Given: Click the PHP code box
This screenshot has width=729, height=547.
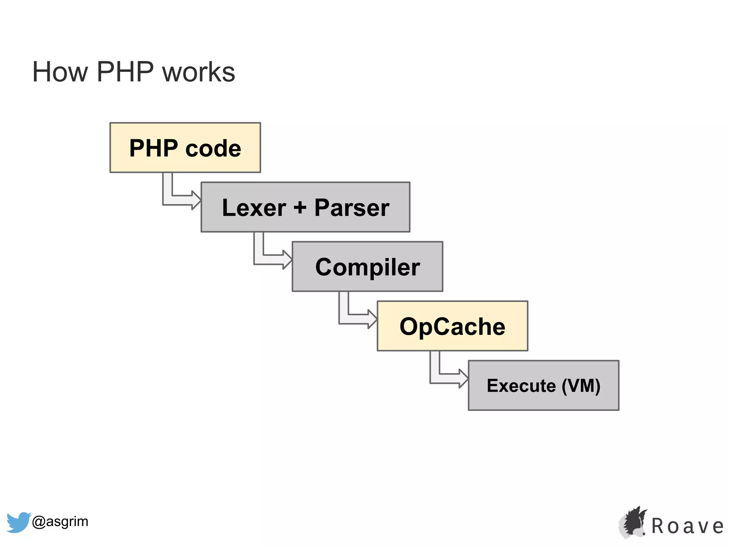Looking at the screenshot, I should pyautogui.click(x=185, y=148).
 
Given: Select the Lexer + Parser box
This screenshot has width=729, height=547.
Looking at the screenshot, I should pyautogui.click(x=305, y=207).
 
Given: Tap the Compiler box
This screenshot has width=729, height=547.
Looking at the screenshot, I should pyautogui.click(x=367, y=267).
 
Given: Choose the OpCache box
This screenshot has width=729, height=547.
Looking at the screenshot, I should pyautogui.click(x=452, y=326).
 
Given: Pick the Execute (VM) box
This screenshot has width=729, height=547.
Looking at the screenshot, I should pyautogui.click(x=544, y=386).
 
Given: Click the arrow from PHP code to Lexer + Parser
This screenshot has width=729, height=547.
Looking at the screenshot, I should pyautogui.click(x=178, y=200).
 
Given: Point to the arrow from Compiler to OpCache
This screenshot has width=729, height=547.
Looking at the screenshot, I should pyautogui.click(x=355, y=319).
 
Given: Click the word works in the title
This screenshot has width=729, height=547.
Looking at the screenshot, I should pyautogui.click(x=199, y=72).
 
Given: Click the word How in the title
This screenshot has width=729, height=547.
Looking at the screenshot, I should pyautogui.click(x=60, y=72).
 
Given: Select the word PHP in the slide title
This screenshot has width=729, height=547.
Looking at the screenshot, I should pyautogui.click(x=125, y=72).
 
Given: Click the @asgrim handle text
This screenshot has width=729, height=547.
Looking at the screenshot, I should pyautogui.click(x=60, y=521).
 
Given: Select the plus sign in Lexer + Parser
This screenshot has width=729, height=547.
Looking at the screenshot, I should pyautogui.click(x=300, y=207).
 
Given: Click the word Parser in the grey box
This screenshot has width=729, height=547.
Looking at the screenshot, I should pyautogui.click(x=352, y=207).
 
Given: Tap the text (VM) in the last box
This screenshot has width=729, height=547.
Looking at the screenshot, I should pyautogui.click(x=581, y=386).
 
